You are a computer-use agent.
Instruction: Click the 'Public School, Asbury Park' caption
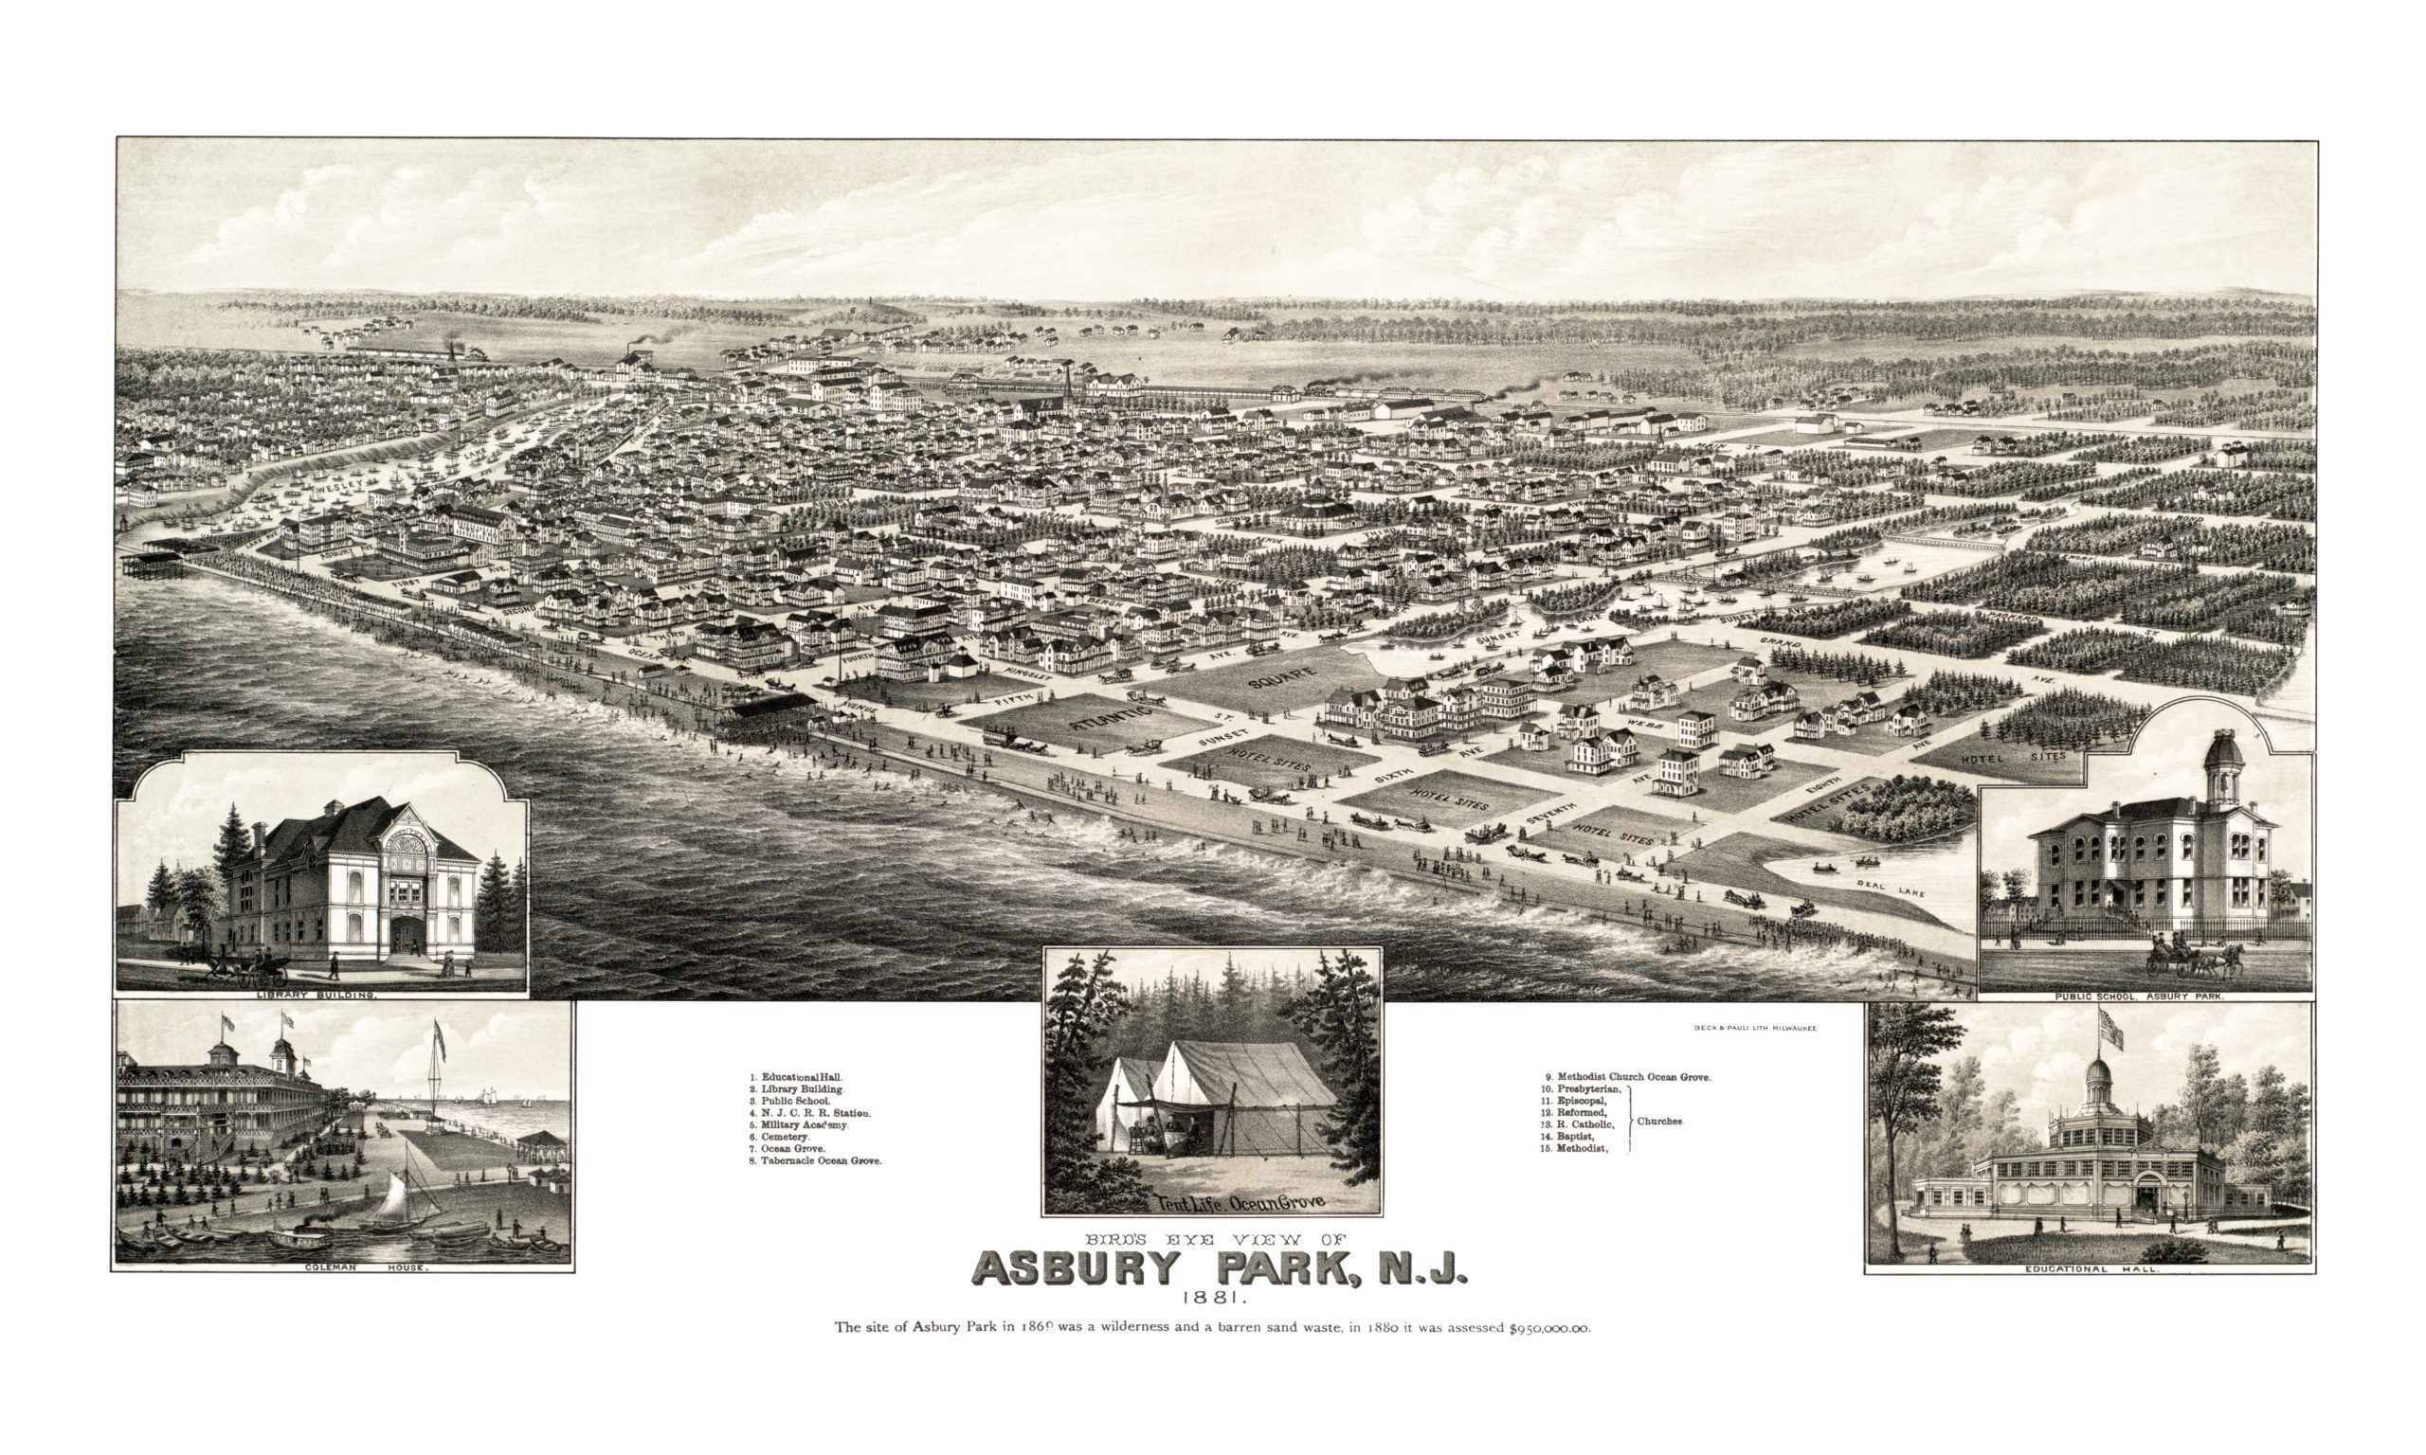coord(2145,997)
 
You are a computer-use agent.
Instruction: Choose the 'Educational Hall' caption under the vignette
coord(2091,1268)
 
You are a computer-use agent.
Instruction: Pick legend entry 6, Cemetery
coord(784,1137)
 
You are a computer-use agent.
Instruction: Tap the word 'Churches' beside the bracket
coord(1659,1121)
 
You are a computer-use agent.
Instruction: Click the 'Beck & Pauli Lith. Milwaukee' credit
coord(1755,1029)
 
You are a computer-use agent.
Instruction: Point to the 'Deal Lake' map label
coord(1892,889)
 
